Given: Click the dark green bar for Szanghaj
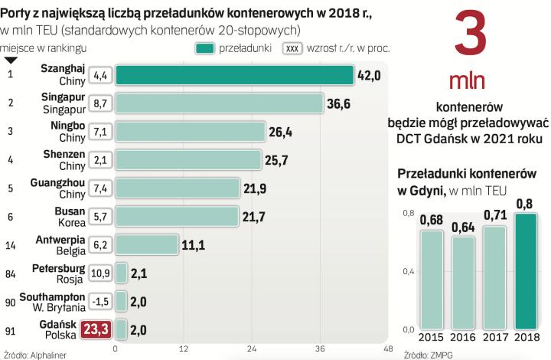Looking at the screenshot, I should point(234,75).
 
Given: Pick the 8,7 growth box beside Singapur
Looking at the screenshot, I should point(100,103).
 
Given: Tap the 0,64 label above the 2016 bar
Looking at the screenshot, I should point(465,227).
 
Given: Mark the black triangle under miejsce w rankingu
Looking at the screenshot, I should point(11,60).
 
